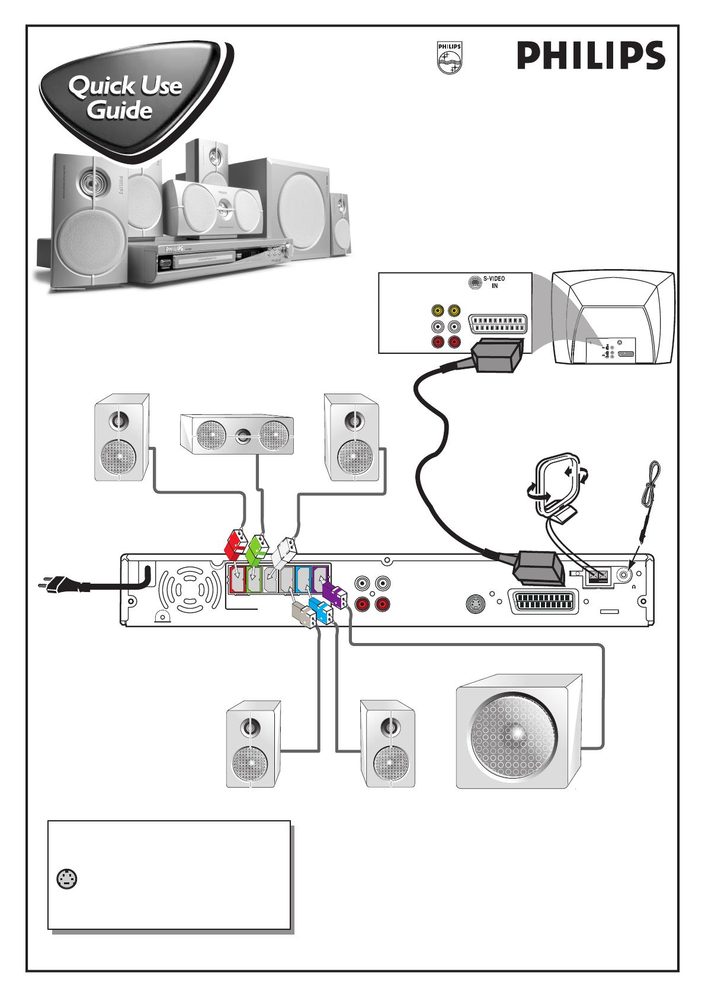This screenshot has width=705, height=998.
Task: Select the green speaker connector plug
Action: (x=257, y=547)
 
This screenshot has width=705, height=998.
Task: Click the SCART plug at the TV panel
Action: (x=498, y=356)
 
